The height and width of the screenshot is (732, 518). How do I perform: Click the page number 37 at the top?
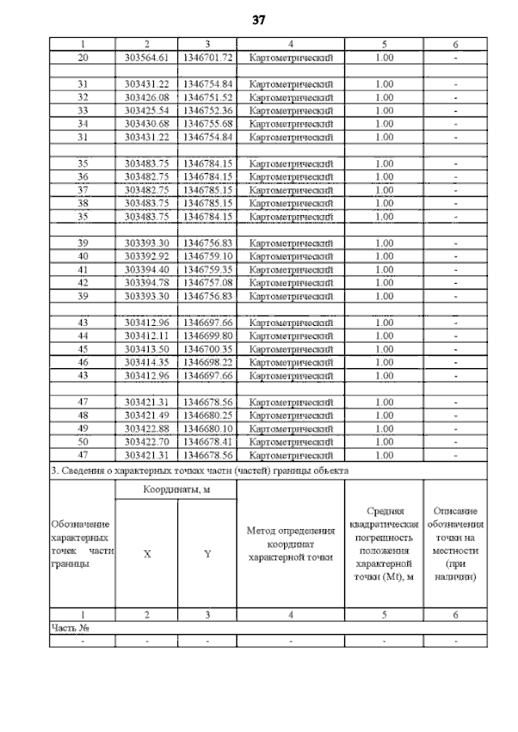tap(259, 19)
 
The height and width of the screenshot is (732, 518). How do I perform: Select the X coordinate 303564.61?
tap(146, 58)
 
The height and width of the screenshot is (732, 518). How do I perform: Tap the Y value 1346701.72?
tap(207, 58)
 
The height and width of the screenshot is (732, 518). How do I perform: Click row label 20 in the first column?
tap(82, 58)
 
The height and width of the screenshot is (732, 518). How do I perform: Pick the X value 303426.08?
tap(146, 97)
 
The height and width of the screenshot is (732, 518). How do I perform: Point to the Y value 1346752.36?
tap(207, 110)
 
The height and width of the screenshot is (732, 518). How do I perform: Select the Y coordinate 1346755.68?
tap(207, 123)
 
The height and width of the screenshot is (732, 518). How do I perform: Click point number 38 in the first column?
tap(82, 203)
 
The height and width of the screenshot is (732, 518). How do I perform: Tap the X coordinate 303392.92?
tap(146, 256)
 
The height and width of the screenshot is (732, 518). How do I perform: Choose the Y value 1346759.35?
tap(207, 269)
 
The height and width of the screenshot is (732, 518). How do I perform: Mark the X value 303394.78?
tap(146, 283)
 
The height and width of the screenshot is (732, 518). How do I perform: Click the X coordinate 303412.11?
tap(146, 336)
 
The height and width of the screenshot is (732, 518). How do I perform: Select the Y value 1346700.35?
tap(207, 349)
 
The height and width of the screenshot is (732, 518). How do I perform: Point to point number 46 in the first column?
tap(82, 362)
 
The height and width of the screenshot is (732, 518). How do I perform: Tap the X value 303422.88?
tap(146, 429)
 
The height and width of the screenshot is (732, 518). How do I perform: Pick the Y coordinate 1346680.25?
tap(207, 415)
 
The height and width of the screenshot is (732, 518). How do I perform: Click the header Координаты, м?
tap(176, 490)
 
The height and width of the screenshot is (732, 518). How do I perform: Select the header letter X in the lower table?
tap(146, 554)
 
